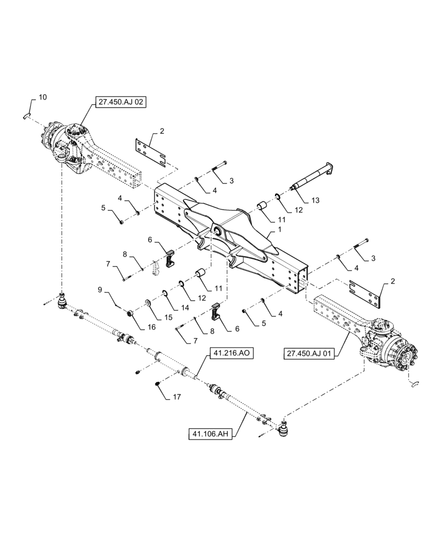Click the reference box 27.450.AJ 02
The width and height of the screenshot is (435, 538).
[x=121, y=102]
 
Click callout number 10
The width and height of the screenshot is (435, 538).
[x=43, y=97]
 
